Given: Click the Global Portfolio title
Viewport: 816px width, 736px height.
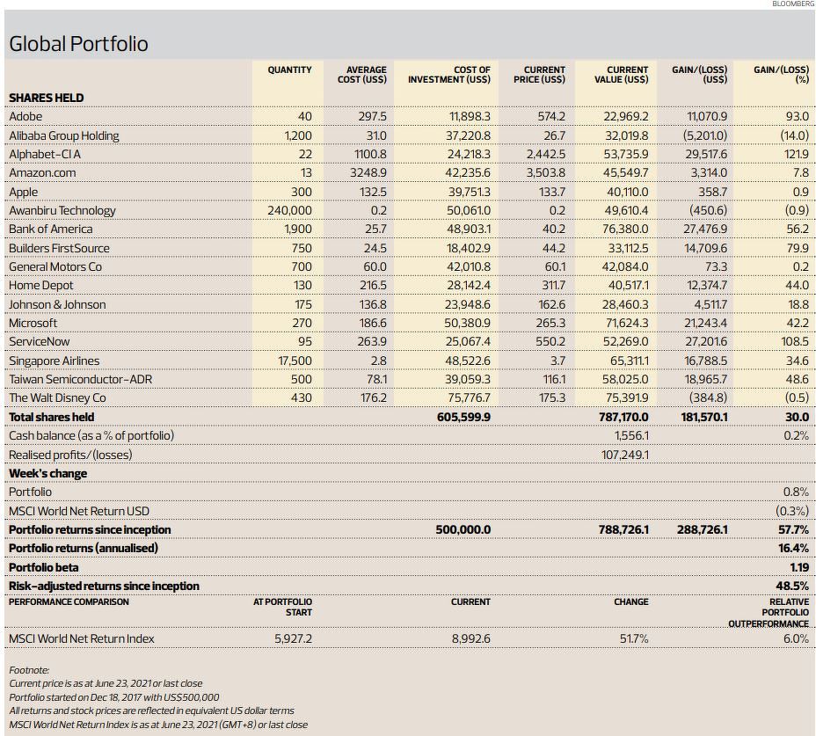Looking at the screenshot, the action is [78, 44].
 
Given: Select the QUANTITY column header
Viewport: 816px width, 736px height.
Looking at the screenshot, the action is [290, 69].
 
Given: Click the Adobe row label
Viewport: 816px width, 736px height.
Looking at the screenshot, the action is [25, 116].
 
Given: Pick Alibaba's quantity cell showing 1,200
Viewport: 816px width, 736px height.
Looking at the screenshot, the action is [298, 135].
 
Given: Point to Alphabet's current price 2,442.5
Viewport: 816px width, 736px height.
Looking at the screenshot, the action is [545, 155].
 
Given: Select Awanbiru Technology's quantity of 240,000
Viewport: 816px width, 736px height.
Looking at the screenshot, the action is [290, 211].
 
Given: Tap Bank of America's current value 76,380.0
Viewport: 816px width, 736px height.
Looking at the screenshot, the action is [625, 230].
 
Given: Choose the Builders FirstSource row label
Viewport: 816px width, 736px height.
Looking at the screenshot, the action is [59, 248].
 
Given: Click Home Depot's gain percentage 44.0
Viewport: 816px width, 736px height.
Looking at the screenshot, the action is [798, 286].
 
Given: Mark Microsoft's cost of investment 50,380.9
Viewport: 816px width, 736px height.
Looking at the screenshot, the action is [467, 324].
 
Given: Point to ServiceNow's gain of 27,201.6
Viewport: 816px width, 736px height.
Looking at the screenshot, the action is [706, 342].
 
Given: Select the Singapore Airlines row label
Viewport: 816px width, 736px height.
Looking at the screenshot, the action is [55, 361].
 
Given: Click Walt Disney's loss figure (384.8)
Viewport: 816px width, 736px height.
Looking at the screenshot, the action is [708, 398].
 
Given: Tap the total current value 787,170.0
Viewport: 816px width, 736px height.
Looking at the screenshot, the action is [623, 418].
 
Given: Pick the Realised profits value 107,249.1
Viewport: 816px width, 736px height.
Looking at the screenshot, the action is [625, 455].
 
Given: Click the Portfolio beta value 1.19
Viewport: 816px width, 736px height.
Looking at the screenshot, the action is [799, 568].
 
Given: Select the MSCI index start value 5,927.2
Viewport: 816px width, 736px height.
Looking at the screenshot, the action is [294, 638].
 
